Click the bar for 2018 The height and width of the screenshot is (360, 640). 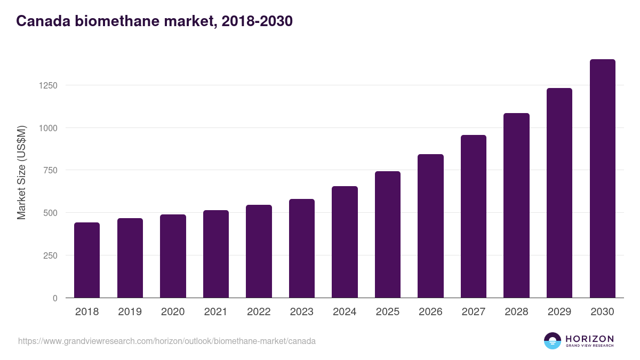87,260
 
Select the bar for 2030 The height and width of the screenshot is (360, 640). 602,179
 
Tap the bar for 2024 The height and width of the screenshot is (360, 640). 345,242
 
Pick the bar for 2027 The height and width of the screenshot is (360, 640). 474,217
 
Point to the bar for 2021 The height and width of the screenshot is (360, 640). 216,254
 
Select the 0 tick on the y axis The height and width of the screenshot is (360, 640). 55,298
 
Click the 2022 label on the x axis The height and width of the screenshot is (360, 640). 259,312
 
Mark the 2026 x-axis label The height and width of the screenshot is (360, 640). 430,312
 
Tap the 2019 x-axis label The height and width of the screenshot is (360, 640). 130,312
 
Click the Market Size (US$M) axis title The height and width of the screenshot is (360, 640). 21,173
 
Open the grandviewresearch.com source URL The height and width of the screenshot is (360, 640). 167,341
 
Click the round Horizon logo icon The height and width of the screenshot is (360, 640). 553,341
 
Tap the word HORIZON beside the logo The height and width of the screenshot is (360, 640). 589,338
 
